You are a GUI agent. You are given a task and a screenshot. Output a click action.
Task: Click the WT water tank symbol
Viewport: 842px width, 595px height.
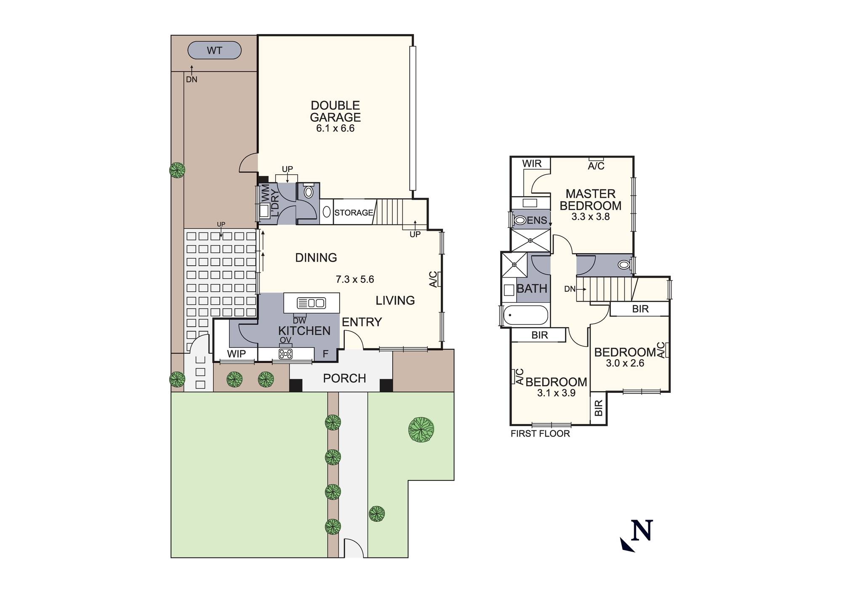(x=214, y=51)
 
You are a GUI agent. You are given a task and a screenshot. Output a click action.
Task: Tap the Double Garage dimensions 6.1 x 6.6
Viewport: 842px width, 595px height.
(x=335, y=128)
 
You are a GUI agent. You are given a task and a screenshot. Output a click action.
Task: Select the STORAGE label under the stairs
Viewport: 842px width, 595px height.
(x=354, y=213)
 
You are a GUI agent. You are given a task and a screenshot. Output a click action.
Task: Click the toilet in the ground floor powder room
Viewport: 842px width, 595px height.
(x=309, y=192)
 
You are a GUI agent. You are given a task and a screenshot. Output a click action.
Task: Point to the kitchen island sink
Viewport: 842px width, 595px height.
(x=311, y=303)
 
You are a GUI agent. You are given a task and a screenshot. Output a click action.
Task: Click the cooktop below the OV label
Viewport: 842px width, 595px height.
(x=285, y=354)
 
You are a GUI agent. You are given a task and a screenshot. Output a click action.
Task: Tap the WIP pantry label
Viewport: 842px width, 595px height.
(x=236, y=354)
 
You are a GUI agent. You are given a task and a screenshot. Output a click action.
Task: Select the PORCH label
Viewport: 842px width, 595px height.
(x=344, y=378)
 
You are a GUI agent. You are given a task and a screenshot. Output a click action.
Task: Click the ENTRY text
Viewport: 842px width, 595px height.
(x=362, y=322)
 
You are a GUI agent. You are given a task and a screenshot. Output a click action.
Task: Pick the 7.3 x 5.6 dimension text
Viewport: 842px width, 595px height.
(x=354, y=279)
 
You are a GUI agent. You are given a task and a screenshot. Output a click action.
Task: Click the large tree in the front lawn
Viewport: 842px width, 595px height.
(x=421, y=430)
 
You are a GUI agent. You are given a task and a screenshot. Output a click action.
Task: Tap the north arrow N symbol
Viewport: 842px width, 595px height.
(x=641, y=531)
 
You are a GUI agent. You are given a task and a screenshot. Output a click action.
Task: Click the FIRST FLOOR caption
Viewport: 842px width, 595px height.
(x=540, y=434)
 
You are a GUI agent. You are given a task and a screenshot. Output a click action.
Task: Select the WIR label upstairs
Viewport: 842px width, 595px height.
(x=532, y=164)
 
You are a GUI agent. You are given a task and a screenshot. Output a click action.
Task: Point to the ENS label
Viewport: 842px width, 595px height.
(x=537, y=220)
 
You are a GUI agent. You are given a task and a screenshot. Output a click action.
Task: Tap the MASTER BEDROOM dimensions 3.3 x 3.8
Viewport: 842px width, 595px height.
(x=590, y=217)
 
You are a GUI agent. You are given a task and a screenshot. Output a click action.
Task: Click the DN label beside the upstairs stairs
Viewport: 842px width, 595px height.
(x=570, y=289)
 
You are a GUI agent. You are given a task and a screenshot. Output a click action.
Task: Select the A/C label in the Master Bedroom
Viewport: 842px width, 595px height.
(x=596, y=166)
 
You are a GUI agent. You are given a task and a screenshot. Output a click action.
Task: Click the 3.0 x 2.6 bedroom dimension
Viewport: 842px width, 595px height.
(x=625, y=363)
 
